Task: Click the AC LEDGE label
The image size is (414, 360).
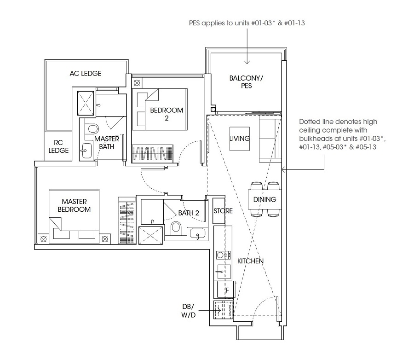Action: click(85, 74)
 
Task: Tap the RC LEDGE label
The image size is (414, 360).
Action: click(58, 146)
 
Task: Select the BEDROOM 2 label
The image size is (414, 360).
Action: click(167, 114)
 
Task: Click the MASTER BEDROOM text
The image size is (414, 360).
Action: click(74, 205)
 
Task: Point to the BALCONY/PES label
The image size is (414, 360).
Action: click(246, 82)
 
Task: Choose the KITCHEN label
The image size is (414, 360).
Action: click(250, 261)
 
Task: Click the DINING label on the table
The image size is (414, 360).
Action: click(264, 199)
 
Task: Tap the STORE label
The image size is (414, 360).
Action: click(223, 211)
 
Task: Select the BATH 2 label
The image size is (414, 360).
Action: click(189, 213)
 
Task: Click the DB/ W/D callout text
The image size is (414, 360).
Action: click(188, 311)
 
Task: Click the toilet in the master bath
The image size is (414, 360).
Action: click(92, 129)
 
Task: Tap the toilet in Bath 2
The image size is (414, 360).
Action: click(176, 228)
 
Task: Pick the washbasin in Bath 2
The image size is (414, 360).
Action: click(197, 234)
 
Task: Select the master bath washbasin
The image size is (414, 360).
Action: click(86, 151)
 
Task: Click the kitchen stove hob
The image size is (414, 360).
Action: click(224, 255)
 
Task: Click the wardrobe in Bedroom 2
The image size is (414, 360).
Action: click(152, 153)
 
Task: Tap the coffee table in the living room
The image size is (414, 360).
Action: click(240, 139)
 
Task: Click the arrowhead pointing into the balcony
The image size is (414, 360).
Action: click(247, 62)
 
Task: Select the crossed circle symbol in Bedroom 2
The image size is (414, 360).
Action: click(137, 83)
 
